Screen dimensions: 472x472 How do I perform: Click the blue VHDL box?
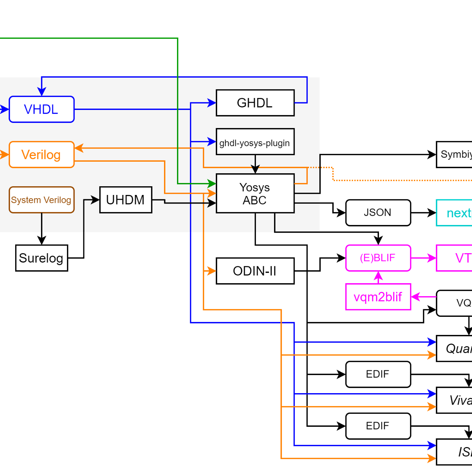(x=42, y=109)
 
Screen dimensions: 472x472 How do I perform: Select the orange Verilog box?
(x=42, y=154)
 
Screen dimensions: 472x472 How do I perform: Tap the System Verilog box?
(x=42, y=200)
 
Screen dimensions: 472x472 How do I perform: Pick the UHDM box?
(x=126, y=200)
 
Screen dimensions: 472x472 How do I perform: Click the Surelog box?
(x=42, y=258)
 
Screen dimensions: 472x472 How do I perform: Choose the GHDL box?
(x=255, y=103)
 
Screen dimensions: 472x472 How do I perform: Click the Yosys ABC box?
(x=255, y=194)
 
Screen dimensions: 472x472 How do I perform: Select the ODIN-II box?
(x=255, y=271)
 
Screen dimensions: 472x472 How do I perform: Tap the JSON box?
(x=378, y=213)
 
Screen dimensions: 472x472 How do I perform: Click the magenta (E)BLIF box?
(x=378, y=258)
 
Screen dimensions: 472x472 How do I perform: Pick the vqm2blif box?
(x=378, y=297)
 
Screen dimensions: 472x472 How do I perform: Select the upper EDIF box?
(x=378, y=374)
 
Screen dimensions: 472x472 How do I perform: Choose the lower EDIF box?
(x=378, y=426)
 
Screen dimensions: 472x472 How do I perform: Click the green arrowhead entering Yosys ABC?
(x=212, y=183)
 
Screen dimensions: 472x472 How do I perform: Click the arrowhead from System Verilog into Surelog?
(x=42, y=241)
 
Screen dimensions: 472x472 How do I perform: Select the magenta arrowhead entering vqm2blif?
(x=416, y=297)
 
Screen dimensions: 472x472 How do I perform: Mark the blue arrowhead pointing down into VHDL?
(x=42, y=92)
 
